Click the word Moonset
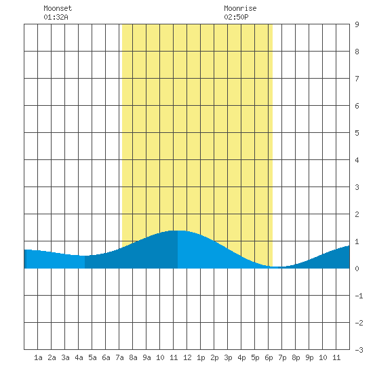[x=58, y=9]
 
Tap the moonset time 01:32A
[x=56, y=17]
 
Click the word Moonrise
[x=240, y=9]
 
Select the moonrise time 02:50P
[x=236, y=17]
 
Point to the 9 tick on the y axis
[x=357, y=24]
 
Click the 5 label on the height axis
[x=357, y=133]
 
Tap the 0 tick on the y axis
[x=357, y=269]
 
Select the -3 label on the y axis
[x=359, y=350]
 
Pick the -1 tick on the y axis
[x=359, y=296]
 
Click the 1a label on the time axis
[x=38, y=357]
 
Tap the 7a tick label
[x=119, y=357]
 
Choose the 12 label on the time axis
[x=187, y=357]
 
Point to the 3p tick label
[x=228, y=357]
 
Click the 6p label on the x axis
[x=269, y=357]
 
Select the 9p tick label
[x=309, y=357]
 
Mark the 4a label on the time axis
[x=79, y=357]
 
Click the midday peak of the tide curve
[x=178, y=231]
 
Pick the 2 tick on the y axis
[x=357, y=214]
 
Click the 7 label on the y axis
[x=357, y=79]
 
